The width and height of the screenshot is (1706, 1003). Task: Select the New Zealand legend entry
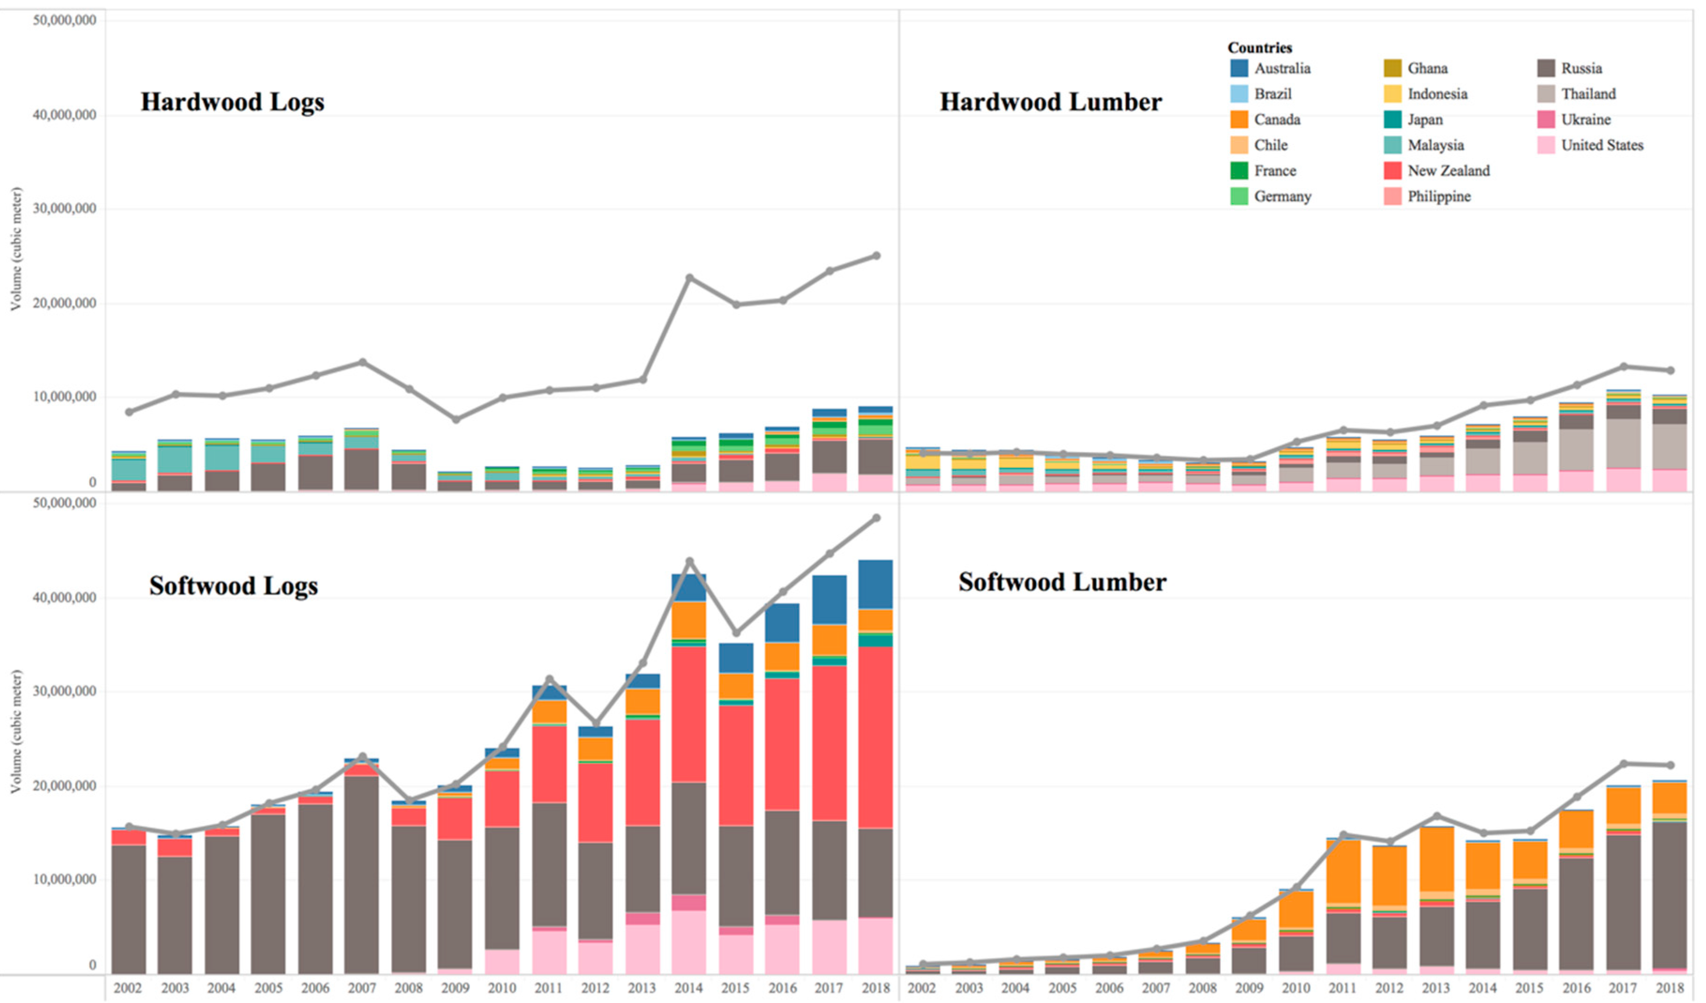(x=1437, y=171)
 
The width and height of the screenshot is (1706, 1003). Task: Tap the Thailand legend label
(x=1588, y=94)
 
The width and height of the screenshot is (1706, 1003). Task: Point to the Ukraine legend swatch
(x=1546, y=120)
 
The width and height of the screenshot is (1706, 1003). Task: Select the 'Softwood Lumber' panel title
(x=1062, y=582)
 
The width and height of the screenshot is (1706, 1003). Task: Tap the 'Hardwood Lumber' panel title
(x=1051, y=102)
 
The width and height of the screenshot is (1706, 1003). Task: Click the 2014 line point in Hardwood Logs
(x=689, y=278)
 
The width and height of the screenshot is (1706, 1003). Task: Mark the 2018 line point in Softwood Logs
(x=876, y=518)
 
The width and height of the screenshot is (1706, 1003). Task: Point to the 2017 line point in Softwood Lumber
(x=1623, y=764)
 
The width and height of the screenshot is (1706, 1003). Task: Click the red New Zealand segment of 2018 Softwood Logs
(x=876, y=738)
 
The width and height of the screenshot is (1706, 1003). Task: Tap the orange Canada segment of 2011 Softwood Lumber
(x=1343, y=872)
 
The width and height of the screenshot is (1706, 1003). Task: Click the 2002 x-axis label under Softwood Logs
(x=127, y=988)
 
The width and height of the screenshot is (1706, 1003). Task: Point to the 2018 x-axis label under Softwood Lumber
(x=1670, y=988)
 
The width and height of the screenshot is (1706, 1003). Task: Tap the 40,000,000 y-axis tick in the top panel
(x=64, y=116)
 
